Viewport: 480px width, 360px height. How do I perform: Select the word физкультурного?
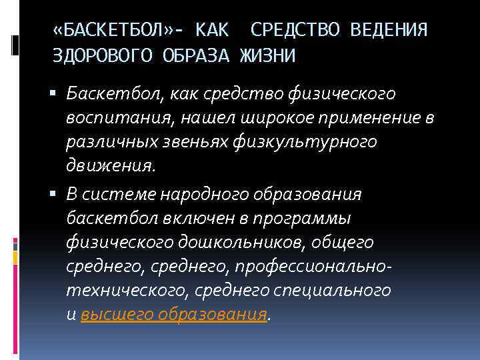[320, 143]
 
